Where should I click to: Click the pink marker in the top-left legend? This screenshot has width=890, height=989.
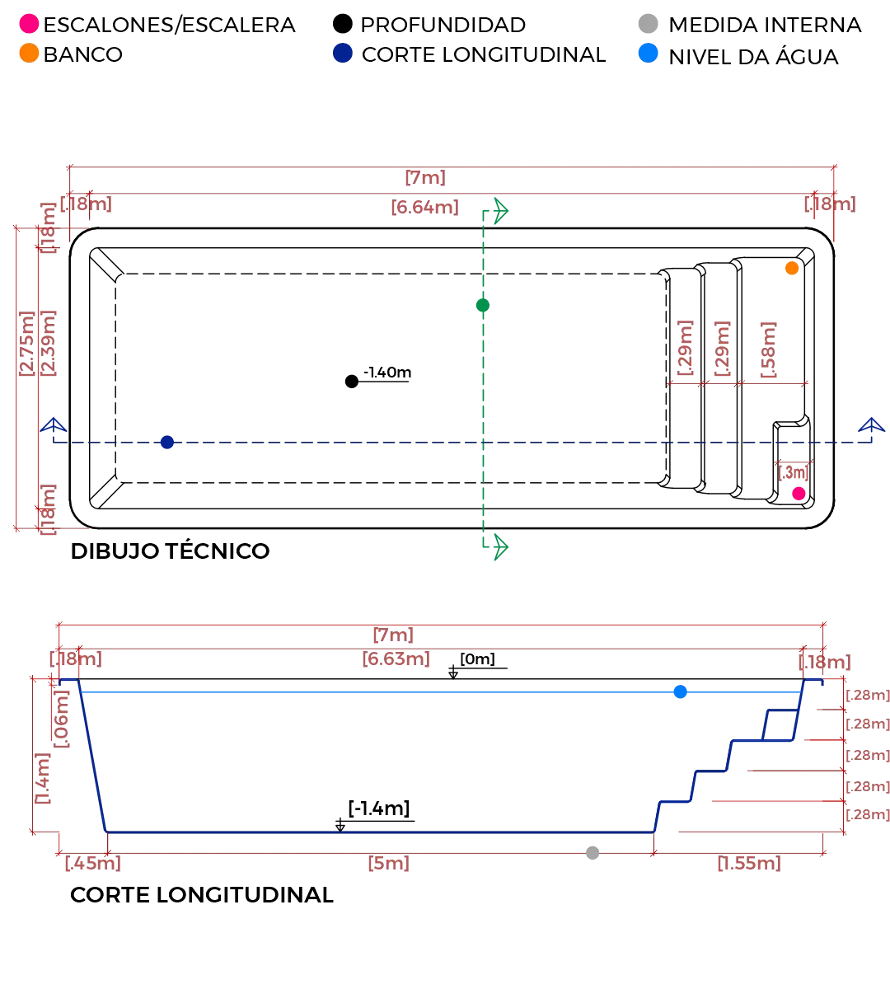pyautogui.click(x=29, y=24)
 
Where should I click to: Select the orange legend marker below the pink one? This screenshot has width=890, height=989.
pyautogui.click(x=29, y=54)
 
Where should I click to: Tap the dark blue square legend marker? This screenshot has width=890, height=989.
pyautogui.click(x=342, y=54)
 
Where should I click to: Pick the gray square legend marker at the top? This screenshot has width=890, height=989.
pyautogui.click(x=646, y=23)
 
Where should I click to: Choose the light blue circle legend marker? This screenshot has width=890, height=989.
pyautogui.click(x=649, y=54)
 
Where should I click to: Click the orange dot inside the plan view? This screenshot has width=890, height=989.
pyautogui.click(x=792, y=269)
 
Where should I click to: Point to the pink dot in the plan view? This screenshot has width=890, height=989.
pyautogui.click(x=798, y=494)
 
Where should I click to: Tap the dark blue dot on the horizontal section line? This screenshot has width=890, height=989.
pyautogui.click(x=167, y=443)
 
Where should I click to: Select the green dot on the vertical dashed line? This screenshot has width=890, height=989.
pyautogui.click(x=484, y=306)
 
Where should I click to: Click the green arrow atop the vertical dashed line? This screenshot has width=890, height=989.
pyautogui.click(x=496, y=212)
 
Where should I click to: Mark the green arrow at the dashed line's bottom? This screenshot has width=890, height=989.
pyautogui.click(x=496, y=546)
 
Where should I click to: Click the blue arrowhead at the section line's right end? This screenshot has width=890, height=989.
pyautogui.click(x=869, y=427)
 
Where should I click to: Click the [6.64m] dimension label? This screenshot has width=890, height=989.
pyautogui.click(x=424, y=207)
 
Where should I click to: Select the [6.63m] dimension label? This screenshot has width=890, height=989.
pyautogui.click(x=397, y=660)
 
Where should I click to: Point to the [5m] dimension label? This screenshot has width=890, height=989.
pyautogui.click(x=386, y=865)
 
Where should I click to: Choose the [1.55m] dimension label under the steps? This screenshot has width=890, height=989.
pyautogui.click(x=748, y=865)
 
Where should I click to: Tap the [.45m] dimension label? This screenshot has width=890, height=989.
pyautogui.click(x=93, y=865)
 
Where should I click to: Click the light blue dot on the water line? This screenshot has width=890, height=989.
pyautogui.click(x=680, y=691)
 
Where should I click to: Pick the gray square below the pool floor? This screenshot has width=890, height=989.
pyautogui.click(x=592, y=854)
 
